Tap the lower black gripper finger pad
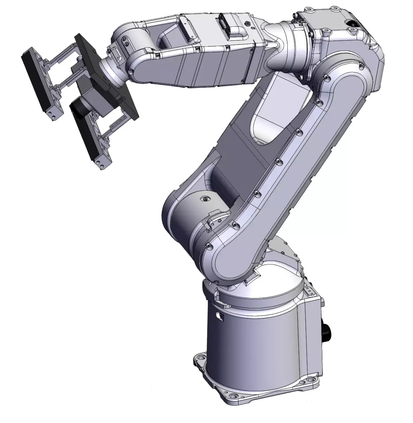(83, 131)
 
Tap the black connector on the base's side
(325, 332)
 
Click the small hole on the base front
(218, 314)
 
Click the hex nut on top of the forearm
(248, 23)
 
